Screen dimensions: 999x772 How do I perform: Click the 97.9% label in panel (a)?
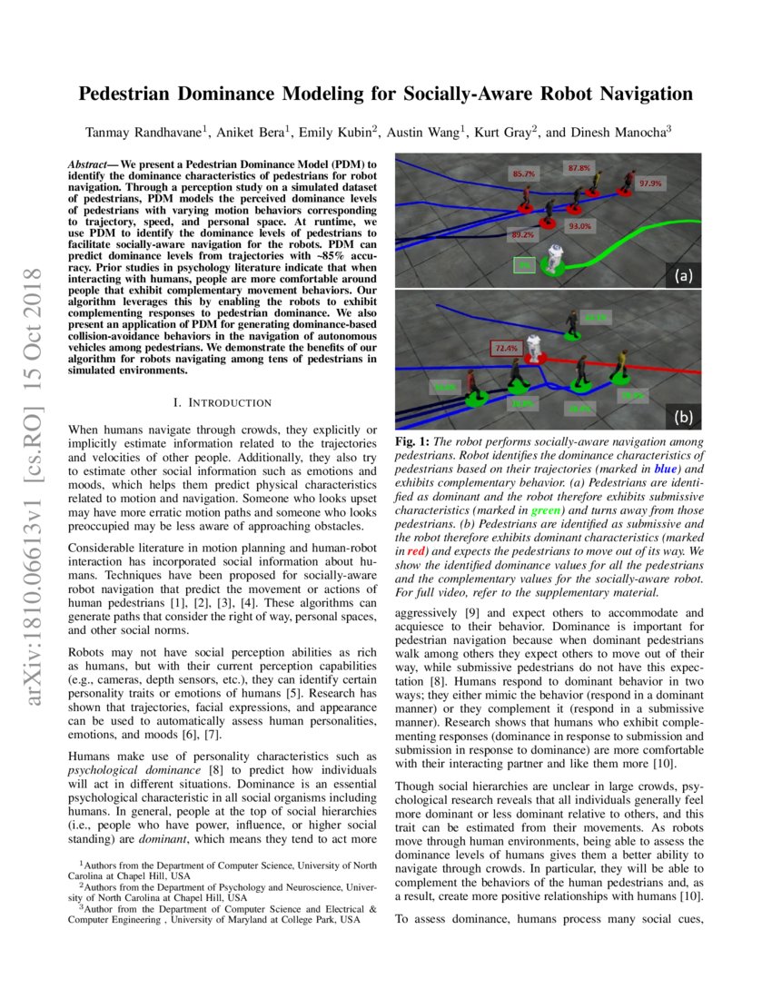[650, 183]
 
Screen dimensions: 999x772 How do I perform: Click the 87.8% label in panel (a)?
[579, 167]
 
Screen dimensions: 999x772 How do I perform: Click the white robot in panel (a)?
[550, 257]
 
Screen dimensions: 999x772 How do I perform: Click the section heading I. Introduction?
[222, 401]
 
